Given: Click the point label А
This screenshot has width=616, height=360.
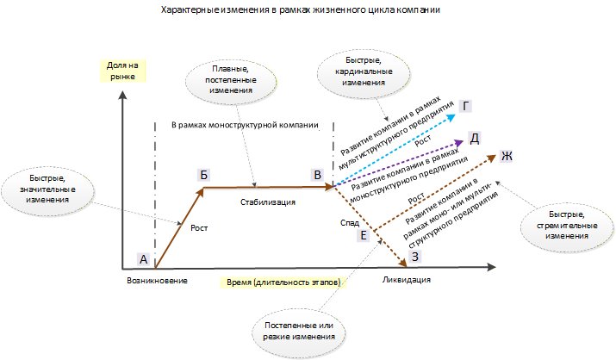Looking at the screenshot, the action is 144,259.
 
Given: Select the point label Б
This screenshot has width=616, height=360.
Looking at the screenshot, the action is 203,175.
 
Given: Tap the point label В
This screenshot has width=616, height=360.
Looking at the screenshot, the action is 317,175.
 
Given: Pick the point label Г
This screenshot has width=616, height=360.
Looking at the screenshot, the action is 465,106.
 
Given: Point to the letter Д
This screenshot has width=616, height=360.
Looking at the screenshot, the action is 475,138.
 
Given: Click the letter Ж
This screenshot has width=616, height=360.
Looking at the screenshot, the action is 507,156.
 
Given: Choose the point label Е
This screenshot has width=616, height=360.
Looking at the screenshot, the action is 364,235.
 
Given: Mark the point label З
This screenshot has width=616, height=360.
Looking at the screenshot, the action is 415,257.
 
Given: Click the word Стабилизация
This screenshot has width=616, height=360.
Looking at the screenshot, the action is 268,202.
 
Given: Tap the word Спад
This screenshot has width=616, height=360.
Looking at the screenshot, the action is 350,223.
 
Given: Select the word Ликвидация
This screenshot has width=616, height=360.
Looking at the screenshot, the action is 406,280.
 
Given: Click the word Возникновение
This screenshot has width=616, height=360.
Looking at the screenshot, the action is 157,281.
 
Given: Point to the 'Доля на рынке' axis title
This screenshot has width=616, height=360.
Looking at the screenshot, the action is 122,71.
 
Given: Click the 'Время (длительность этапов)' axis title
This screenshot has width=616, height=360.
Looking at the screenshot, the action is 283,282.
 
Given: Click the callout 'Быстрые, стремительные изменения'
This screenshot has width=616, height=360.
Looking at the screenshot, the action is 567,225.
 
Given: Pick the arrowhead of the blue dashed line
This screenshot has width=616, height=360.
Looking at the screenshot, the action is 451,117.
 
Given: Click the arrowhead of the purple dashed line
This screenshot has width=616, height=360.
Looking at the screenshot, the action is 460,143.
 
